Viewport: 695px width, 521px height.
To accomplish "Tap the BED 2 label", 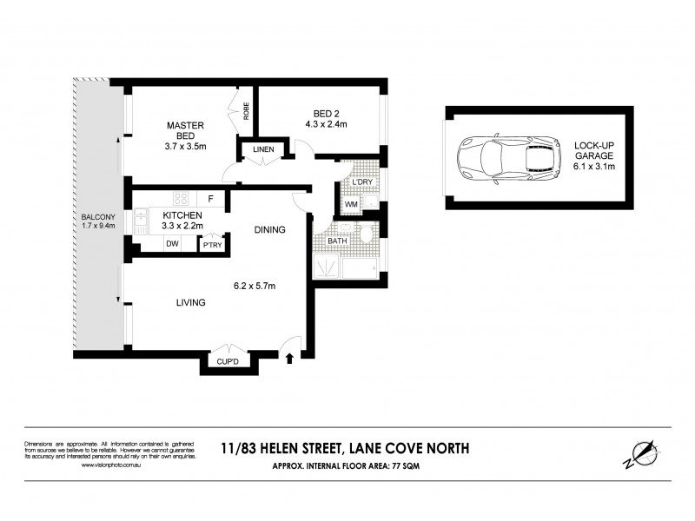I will [x=326, y=112].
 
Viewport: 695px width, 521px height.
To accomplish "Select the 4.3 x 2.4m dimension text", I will [x=326, y=124].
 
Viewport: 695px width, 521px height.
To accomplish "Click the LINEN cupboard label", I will [x=263, y=150].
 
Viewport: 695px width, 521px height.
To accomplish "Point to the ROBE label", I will [x=247, y=110].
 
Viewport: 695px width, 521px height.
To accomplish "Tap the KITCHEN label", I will [x=182, y=215].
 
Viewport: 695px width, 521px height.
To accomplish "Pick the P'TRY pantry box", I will [x=212, y=245].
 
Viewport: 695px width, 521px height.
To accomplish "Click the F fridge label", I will [x=211, y=197].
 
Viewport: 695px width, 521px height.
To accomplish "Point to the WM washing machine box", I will [x=350, y=205].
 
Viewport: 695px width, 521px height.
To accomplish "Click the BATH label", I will [x=337, y=241].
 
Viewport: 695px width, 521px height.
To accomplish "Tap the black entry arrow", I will [x=291, y=355].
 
